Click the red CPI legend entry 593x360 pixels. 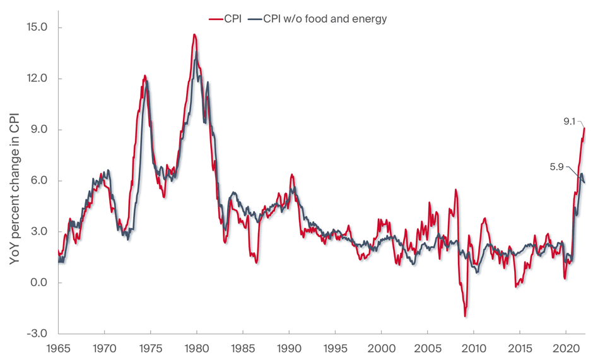225,19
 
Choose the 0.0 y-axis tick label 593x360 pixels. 37,282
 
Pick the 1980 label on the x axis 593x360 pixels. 196,348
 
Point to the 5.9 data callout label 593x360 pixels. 557,167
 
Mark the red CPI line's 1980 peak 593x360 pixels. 194,35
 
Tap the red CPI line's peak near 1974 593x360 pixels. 144,76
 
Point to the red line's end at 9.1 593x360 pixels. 585,128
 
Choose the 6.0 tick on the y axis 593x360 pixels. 37,181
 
